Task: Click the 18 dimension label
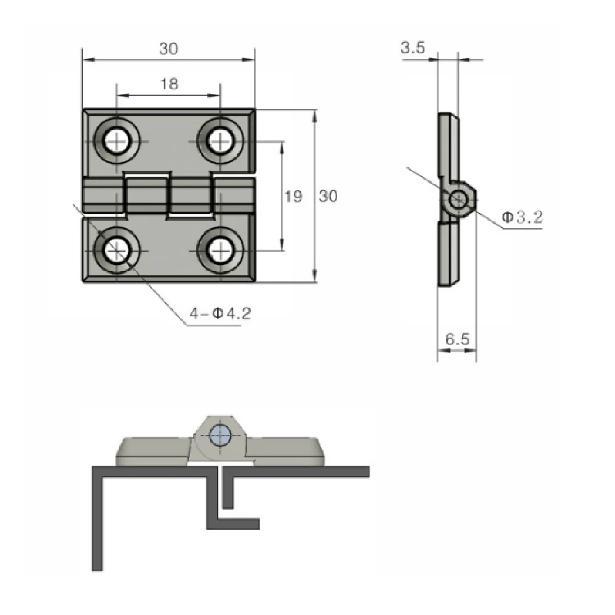[x=170, y=84]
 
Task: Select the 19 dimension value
[x=293, y=197]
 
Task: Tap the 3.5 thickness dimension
[x=413, y=48]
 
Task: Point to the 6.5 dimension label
[x=458, y=339]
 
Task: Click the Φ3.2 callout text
[x=522, y=216]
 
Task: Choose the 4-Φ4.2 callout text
[x=220, y=314]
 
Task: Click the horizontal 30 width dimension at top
[x=169, y=48]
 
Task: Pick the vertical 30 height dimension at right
[x=328, y=196]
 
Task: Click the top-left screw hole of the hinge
[x=117, y=141]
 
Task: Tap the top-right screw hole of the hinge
[x=220, y=141]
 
